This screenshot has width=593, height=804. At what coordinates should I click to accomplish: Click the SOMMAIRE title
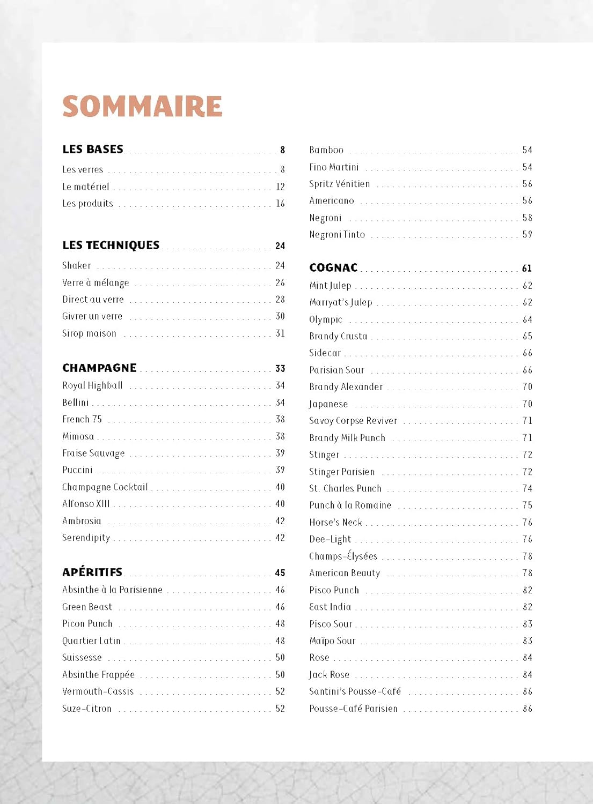[142, 106]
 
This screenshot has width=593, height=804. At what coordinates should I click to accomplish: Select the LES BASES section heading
[93, 150]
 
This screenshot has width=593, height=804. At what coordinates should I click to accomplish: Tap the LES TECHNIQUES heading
[111, 245]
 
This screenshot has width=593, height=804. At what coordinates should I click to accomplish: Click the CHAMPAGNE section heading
[99, 368]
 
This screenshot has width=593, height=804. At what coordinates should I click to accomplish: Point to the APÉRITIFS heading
[92, 572]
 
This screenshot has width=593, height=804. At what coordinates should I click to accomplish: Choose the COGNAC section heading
[333, 268]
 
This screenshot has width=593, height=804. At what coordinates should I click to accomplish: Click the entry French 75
[82, 419]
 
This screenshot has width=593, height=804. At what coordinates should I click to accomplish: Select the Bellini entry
[76, 403]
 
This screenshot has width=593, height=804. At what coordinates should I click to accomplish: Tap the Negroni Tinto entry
[337, 235]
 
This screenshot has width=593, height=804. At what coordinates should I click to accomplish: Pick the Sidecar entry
[325, 353]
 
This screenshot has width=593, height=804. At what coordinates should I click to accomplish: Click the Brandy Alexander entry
[346, 386]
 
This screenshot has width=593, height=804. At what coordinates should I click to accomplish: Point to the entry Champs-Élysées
[343, 556]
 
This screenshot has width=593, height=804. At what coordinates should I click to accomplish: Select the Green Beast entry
[87, 607]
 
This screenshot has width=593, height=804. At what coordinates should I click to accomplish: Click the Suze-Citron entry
[87, 709]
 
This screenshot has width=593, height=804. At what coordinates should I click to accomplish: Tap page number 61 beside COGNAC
[527, 269]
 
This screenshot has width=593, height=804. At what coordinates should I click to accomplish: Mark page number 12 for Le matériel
[280, 187]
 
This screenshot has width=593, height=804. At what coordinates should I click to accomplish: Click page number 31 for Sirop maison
[280, 333]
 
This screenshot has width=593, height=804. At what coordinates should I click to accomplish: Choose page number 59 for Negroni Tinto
[528, 235]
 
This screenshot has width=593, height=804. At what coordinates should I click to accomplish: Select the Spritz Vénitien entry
[340, 184]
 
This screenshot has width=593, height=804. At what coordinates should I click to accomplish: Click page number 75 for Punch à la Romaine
[528, 505]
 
